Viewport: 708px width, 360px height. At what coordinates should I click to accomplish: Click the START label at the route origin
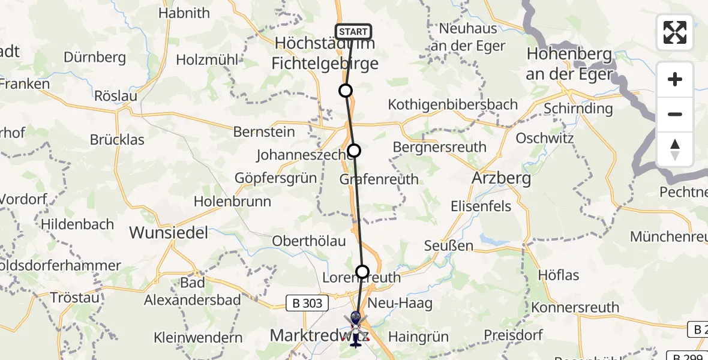pyautogui.click(x=353, y=32)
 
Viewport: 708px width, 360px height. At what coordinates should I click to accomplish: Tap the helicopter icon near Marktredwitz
pyautogui.click(x=356, y=329)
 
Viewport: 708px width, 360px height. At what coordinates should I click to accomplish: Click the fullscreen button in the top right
pyautogui.click(x=675, y=32)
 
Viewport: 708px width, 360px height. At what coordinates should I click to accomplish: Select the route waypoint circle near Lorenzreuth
pyautogui.click(x=362, y=272)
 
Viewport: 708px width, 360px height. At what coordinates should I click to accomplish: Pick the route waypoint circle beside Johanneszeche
pyautogui.click(x=354, y=151)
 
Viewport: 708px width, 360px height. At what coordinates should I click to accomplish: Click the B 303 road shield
pyautogui.click(x=308, y=304)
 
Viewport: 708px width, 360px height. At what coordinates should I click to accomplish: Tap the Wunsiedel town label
pyautogui.click(x=169, y=232)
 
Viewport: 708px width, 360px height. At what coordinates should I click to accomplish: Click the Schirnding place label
pyautogui.click(x=578, y=109)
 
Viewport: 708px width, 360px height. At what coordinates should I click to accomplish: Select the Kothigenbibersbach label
pyautogui.click(x=452, y=104)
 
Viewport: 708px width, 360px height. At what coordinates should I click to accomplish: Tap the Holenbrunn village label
pyautogui.click(x=232, y=202)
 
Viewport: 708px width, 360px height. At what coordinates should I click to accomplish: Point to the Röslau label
pyautogui.click(x=116, y=96)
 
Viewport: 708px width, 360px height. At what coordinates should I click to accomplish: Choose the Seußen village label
pyautogui.click(x=448, y=245)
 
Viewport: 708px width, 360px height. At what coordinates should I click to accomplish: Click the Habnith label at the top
pyautogui.click(x=184, y=13)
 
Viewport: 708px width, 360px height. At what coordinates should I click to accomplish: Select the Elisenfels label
pyautogui.click(x=481, y=206)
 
